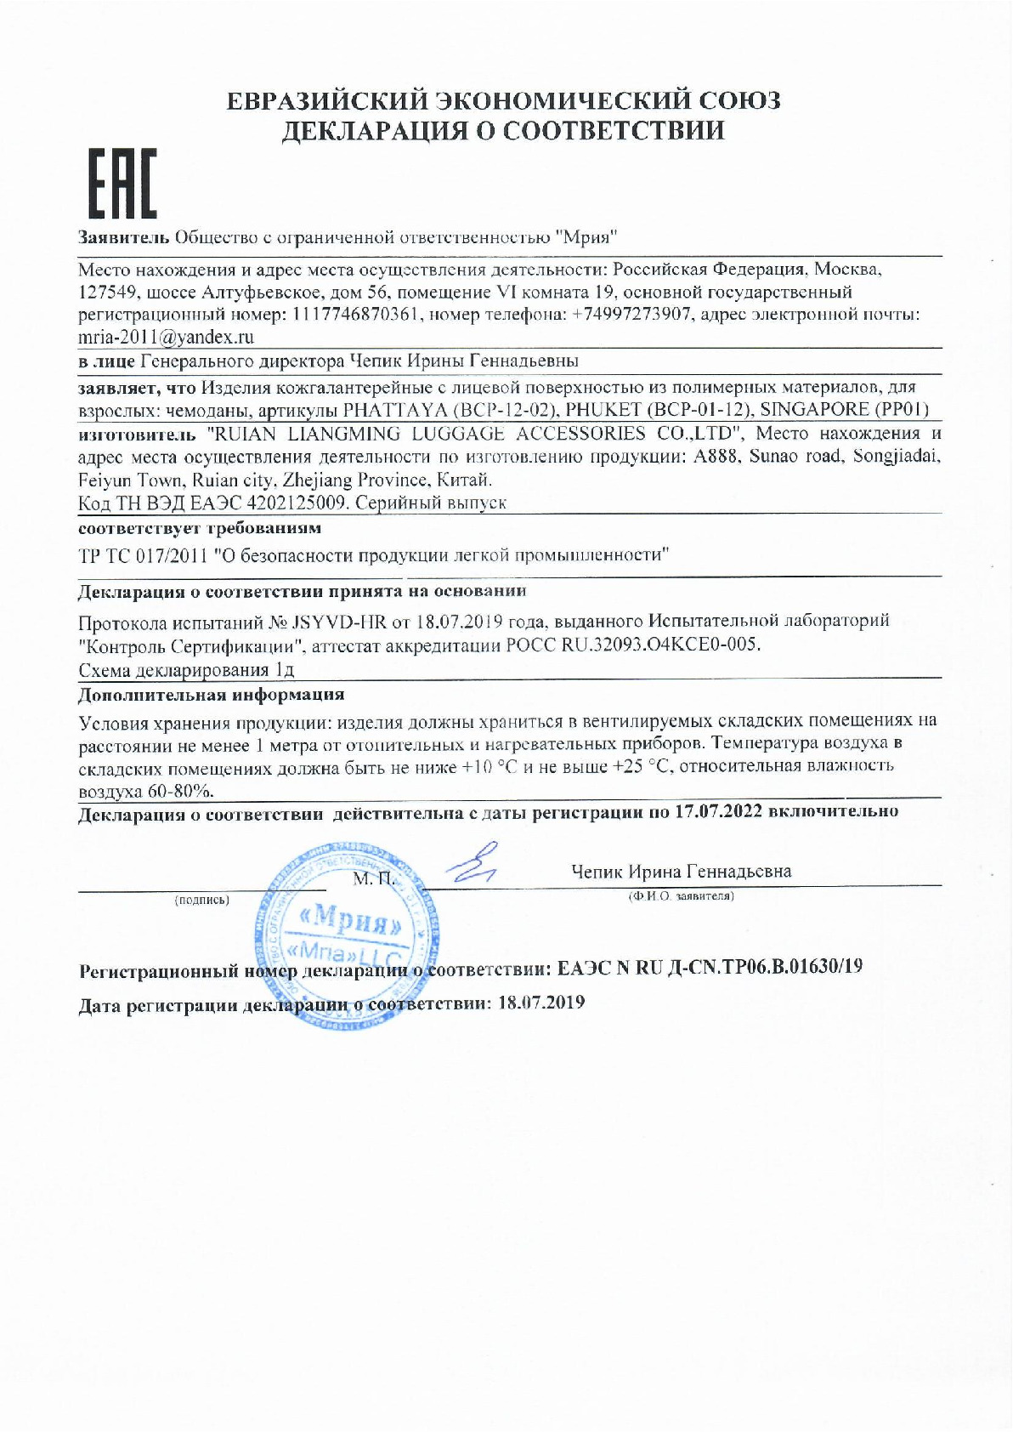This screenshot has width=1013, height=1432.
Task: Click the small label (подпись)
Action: pos(201,898)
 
